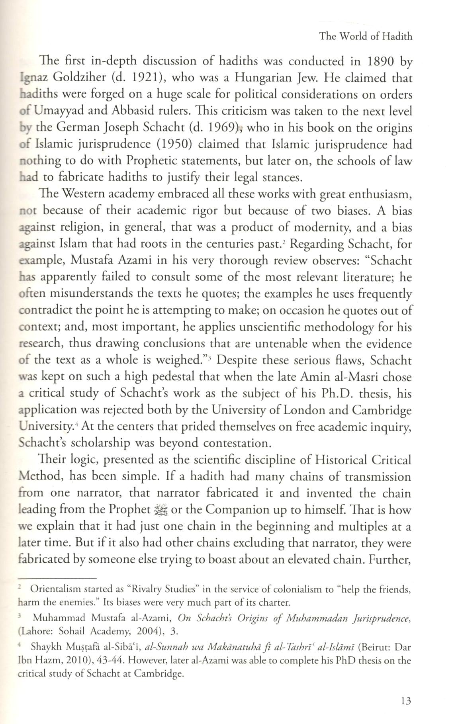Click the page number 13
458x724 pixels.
coord(406,701)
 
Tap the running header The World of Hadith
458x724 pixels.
coord(366,37)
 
